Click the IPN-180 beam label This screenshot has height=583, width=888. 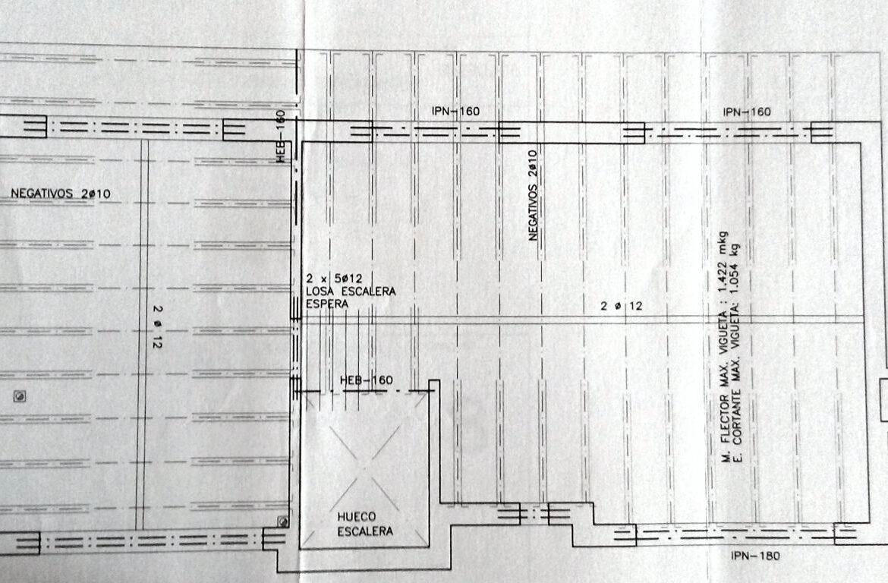755,555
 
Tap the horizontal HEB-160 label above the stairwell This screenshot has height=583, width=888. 367,380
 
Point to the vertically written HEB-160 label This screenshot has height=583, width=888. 281,136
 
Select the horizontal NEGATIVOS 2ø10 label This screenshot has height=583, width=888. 61,194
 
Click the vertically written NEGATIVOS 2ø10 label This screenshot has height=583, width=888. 532,195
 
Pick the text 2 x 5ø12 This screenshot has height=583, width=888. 334,279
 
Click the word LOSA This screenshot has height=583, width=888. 320,291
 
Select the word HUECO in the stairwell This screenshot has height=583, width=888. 356,517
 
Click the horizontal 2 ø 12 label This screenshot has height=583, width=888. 622,306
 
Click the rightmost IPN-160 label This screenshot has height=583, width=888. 746,112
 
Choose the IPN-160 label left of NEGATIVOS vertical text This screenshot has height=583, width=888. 455,111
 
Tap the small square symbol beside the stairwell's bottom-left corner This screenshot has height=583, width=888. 282,522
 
